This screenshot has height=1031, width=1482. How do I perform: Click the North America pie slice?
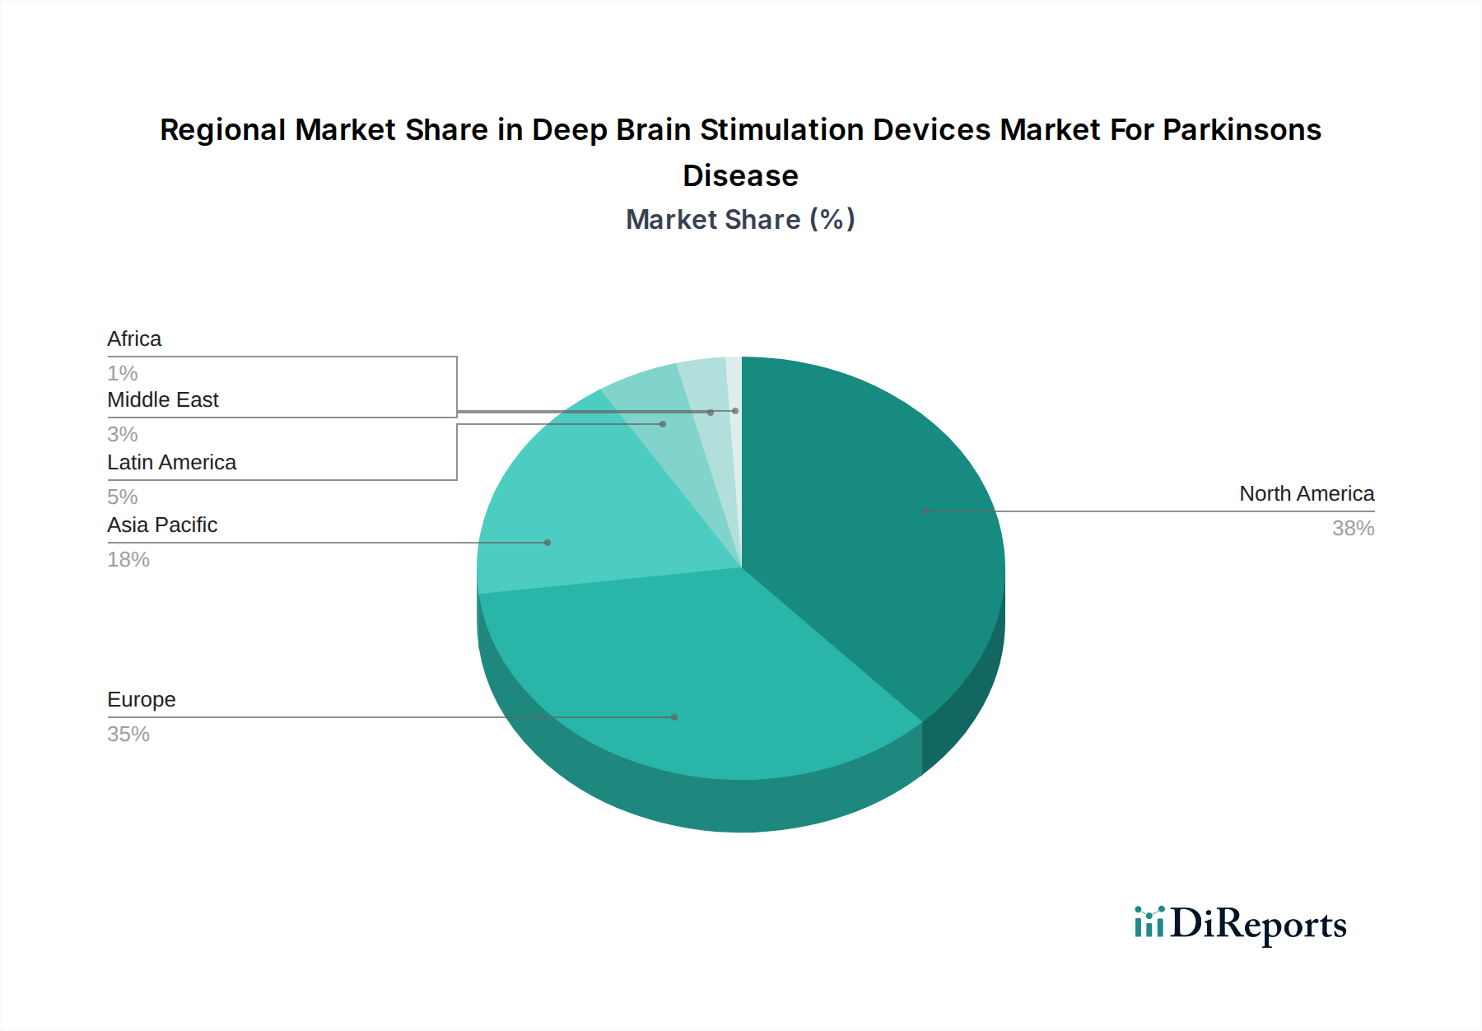873,527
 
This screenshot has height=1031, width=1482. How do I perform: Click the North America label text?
1307,493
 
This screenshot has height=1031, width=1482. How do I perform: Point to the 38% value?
1353,529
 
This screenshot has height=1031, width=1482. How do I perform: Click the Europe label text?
142,699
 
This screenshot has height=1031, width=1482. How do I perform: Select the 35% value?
128,735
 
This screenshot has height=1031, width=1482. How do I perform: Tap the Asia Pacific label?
162,525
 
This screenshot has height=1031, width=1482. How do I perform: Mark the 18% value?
128,560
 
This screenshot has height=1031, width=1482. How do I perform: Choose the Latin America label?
171,462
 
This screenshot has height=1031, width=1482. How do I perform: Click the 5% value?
122,497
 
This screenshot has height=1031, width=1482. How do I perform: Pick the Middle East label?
162,399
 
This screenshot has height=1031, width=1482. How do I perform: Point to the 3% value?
122,435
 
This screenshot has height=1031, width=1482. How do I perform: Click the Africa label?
134,338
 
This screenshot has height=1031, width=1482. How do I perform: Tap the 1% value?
122,374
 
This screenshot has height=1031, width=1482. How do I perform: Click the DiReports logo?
1240,924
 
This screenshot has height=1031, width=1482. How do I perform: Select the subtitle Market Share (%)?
740,220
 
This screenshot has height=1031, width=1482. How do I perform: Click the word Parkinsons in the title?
1242,130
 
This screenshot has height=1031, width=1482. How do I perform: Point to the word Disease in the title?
740,176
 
